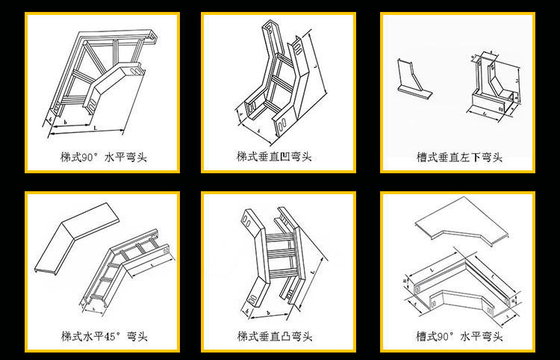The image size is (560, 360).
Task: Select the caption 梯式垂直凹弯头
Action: pos(274,157)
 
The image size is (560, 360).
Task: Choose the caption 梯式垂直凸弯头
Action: pos(274,335)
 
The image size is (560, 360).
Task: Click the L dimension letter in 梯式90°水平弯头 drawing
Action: pos(96,128)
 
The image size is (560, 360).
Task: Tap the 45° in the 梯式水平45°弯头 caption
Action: pos(114,335)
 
